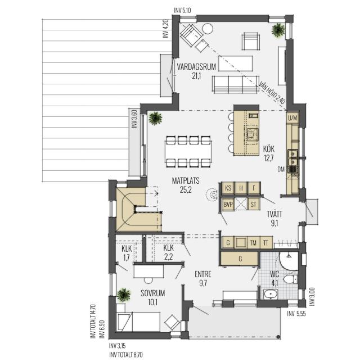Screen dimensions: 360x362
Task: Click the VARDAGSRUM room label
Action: (x=196, y=67)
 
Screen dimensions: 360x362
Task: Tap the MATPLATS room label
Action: (x=186, y=180)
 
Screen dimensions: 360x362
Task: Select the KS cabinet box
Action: (x=228, y=188)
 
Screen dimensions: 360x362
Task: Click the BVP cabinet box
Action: (x=228, y=204)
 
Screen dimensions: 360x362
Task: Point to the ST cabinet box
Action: (x=254, y=204)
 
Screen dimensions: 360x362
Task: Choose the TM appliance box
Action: (x=254, y=243)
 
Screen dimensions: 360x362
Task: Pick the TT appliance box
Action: (x=266, y=243)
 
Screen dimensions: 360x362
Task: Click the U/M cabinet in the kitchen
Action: (x=292, y=118)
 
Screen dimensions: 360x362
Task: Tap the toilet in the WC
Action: (x=290, y=279)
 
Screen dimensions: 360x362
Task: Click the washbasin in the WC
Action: (x=271, y=294)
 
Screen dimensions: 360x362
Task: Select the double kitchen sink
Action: (x=292, y=157)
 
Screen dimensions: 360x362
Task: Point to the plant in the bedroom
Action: (x=124, y=295)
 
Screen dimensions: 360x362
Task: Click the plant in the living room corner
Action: (x=278, y=30)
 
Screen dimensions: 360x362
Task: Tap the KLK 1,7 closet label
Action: (x=127, y=253)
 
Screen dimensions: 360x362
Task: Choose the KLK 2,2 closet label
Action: (x=168, y=252)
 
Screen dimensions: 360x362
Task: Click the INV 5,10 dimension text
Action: (x=183, y=10)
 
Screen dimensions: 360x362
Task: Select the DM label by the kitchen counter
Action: (x=281, y=170)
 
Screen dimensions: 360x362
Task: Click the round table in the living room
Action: (x=208, y=29)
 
